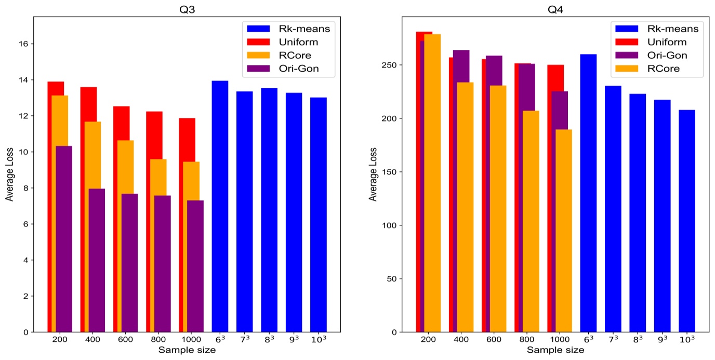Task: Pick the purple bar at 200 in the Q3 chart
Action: click(64, 239)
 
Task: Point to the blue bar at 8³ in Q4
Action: click(638, 213)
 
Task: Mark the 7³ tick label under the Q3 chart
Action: click(245, 339)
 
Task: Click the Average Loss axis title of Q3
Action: click(9, 174)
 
